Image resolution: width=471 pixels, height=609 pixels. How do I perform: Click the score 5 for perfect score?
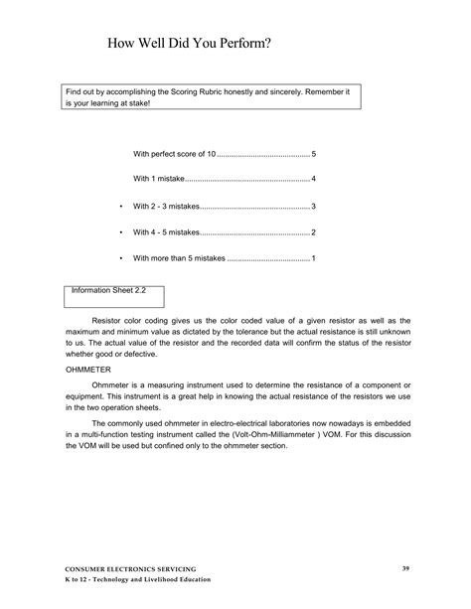point(313,155)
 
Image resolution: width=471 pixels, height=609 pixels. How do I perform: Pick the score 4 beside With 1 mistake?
point(313,180)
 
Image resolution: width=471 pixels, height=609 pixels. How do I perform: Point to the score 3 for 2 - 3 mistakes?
point(313,206)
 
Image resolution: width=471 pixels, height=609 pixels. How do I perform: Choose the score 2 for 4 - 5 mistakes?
point(313,231)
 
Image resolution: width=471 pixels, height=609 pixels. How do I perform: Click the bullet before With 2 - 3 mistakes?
point(118,206)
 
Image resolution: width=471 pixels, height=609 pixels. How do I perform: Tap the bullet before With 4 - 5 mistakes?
point(118,231)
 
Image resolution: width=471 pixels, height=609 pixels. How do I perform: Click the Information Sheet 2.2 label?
point(108,292)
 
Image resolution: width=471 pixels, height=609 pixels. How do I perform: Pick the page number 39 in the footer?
point(405,567)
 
